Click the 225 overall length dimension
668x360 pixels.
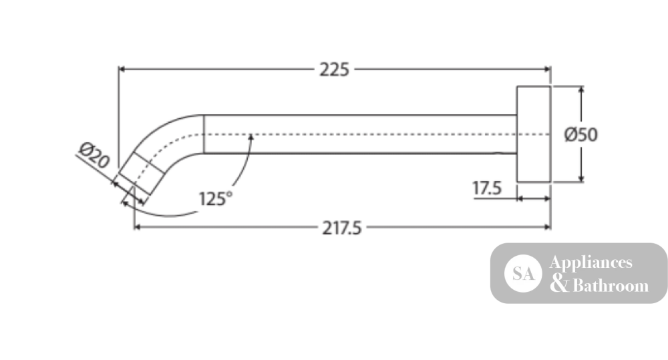tap(335, 69)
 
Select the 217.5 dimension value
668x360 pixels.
tap(341, 228)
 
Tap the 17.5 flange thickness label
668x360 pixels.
tap(487, 188)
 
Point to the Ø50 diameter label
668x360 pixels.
tap(580, 135)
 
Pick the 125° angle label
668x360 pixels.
tap(216, 198)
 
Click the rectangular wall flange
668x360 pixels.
tap(533, 134)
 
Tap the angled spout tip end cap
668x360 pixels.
tap(141, 173)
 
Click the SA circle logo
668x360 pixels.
tap(523, 274)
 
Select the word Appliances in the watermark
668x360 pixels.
tap(591, 262)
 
